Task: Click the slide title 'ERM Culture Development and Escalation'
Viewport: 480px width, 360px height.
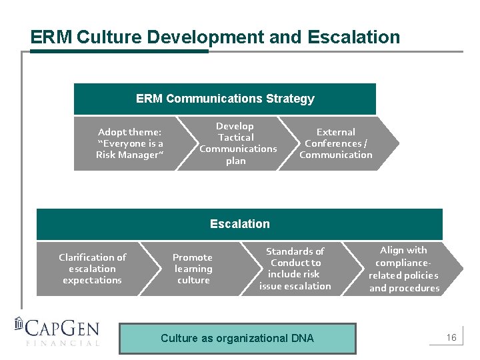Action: click(215, 37)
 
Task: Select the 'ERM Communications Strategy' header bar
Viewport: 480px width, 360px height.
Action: click(225, 99)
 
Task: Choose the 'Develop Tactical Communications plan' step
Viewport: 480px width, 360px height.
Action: click(237, 143)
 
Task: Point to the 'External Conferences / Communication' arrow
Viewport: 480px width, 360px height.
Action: click(336, 143)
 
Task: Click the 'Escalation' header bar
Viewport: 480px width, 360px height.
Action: click(239, 224)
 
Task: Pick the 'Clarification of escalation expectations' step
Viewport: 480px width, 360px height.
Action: click(93, 269)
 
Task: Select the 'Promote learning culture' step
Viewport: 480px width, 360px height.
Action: click(193, 269)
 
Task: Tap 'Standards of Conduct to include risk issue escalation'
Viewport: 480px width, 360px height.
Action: click(295, 269)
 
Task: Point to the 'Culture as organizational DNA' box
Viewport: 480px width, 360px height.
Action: click(237, 339)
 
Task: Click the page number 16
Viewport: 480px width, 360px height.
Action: click(451, 338)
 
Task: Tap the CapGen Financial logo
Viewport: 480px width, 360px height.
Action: click(57, 331)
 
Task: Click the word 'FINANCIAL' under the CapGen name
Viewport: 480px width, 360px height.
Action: click(63, 343)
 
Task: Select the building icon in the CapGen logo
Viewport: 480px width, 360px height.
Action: click(19, 325)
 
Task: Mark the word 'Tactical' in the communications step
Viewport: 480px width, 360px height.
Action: click(236, 137)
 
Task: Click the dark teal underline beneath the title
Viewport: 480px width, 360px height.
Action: click(119, 51)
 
